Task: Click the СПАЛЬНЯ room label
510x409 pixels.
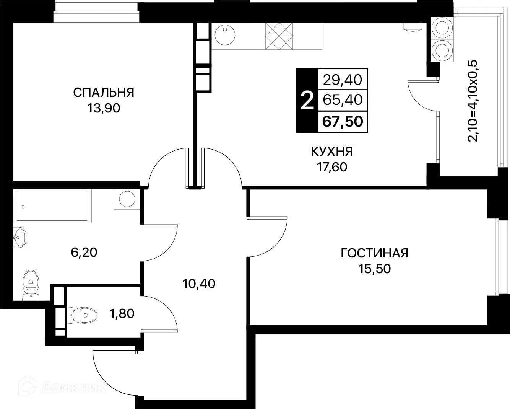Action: pos(103,93)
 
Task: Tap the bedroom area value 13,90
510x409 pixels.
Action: pos(103,109)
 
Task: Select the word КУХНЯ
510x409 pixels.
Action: pos(331,152)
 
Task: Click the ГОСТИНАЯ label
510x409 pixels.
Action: pos(374,253)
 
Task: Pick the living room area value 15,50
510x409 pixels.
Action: pos(374,269)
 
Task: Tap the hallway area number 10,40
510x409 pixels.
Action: pos(199,284)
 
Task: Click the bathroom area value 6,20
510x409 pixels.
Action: pos(84,252)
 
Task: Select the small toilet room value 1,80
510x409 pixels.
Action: pos(122,314)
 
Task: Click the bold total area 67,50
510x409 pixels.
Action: pos(343,122)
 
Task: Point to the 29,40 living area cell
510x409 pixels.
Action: pos(343,80)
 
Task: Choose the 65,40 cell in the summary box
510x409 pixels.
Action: pos(343,100)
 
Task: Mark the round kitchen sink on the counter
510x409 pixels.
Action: pos(224,36)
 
